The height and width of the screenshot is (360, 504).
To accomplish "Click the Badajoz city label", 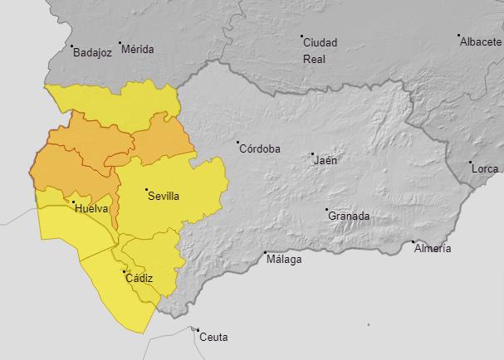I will tap(92, 51).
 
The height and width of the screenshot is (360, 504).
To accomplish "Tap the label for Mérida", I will tap(138, 49).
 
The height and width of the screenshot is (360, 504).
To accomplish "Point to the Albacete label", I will tap(481, 42).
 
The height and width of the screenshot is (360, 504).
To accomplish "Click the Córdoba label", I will tap(260, 149).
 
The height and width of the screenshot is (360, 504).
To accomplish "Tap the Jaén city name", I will tap(325, 160).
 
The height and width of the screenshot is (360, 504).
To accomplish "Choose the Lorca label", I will tap(485, 169).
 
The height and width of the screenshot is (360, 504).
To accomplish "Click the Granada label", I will tap(349, 216).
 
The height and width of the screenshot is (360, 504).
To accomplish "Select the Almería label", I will tap(433, 249).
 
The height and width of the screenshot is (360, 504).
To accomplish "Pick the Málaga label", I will tap(284, 259).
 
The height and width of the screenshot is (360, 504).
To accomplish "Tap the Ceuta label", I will tap(214, 337).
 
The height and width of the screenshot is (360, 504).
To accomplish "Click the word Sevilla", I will tap(164, 197).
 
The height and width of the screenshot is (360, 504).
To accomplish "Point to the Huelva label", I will tap(91, 208).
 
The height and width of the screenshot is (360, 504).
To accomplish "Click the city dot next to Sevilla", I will tap(146, 190).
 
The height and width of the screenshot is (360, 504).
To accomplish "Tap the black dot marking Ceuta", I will tap(198, 329).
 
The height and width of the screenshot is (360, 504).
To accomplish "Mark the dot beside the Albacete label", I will tap(458, 36).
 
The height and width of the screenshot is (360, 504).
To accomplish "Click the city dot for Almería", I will tap(413, 242).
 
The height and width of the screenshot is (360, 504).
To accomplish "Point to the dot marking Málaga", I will tap(265, 252).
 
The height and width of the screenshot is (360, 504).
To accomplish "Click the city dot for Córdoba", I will tap(237, 143).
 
